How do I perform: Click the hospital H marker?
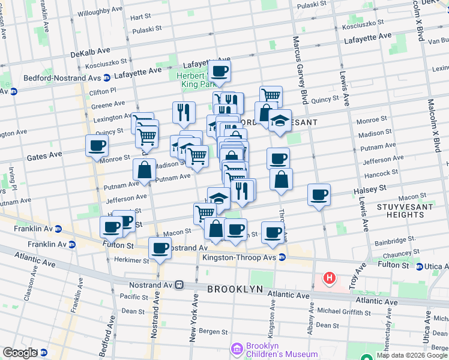[329, 278]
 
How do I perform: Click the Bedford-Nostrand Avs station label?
[62, 77]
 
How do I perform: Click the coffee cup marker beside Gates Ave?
[97, 145]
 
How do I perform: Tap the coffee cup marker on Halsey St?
[319, 194]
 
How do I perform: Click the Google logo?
[20, 353]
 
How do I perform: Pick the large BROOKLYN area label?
[235, 289]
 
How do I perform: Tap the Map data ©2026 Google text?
[412, 355]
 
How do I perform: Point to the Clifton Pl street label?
[98, 92]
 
